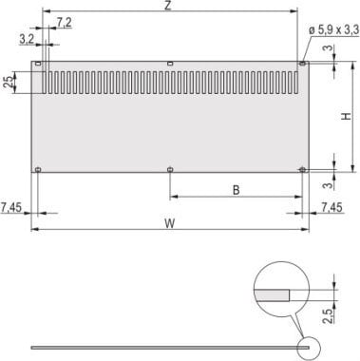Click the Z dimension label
point(167,7)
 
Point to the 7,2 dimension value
point(64,20)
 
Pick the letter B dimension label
point(235,190)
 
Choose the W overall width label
point(168,224)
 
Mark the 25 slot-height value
point(9,83)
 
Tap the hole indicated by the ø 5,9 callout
point(302,64)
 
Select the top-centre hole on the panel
point(169,64)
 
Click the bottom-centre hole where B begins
point(169,171)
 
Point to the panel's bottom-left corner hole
point(37,171)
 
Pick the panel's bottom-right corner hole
point(302,171)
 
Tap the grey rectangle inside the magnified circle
point(275,294)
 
